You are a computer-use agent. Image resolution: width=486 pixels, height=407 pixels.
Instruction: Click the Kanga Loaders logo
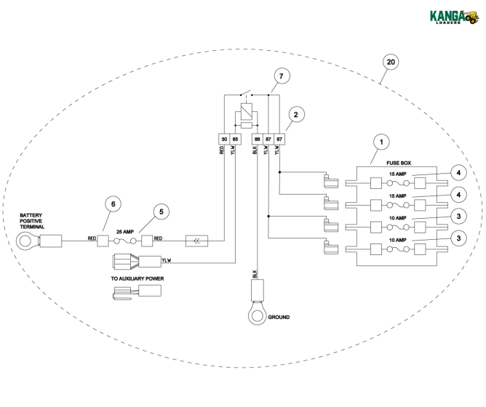tap(454, 17)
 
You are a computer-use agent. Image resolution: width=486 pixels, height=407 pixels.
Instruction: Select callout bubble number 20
tap(391, 62)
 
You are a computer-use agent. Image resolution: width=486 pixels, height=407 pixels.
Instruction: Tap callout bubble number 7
tap(282, 76)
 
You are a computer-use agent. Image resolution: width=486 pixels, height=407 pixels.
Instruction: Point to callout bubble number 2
tap(296, 115)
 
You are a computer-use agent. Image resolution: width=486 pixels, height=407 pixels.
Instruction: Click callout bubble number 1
tap(381, 142)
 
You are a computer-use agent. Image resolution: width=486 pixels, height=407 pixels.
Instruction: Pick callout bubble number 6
tap(113, 203)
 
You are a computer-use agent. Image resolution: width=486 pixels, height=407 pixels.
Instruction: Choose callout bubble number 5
tap(162, 211)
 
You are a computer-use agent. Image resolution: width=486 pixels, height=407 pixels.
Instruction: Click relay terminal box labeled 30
tap(224, 139)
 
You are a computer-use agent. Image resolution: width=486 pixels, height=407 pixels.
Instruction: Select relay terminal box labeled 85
tap(235, 139)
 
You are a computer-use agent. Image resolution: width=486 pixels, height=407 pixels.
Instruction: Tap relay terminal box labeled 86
tap(258, 139)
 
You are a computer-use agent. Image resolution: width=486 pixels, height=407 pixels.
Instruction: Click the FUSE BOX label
tap(399, 163)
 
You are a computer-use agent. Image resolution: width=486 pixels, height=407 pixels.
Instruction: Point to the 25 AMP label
tap(125, 232)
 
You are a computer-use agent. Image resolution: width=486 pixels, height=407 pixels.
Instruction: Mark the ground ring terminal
tap(257, 315)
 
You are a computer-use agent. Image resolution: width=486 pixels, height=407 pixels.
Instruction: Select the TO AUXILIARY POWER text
tap(138, 279)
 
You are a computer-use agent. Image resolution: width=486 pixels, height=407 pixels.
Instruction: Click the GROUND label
tap(279, 317)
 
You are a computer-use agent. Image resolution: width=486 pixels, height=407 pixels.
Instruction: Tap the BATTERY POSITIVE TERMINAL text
tap(32, 221)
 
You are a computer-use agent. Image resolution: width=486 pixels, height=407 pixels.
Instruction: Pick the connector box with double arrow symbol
tap(197, 241)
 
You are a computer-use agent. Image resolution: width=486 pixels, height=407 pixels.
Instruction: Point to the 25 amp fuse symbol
tap(125, 241)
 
